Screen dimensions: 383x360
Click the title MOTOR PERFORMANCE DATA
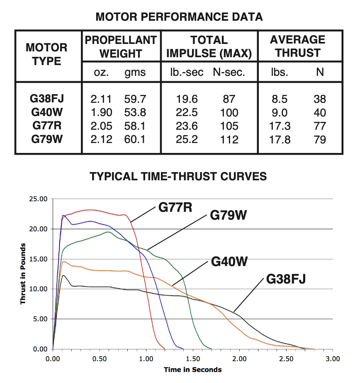(179, 17)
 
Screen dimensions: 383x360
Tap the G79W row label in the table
(47, 139)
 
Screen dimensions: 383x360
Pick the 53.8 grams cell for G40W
(135, 113)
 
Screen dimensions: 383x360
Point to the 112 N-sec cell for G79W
(229, 139)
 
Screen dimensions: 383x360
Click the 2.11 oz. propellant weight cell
(101, 99)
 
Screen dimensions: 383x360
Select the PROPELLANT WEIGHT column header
(121, 46)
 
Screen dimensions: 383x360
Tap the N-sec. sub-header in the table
(229, 73)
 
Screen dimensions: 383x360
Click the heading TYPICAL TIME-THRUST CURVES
(178, 176)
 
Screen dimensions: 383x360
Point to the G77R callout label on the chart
(175, 207)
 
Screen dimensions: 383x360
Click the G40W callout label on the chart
(229, 262)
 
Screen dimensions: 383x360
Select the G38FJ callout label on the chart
(286, 279)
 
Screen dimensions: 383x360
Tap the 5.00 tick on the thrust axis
(41, 319)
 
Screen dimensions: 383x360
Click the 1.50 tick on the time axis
(192, 358)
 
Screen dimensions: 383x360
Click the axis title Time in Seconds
(192, 369)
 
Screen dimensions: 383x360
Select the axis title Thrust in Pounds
(23, 274)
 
